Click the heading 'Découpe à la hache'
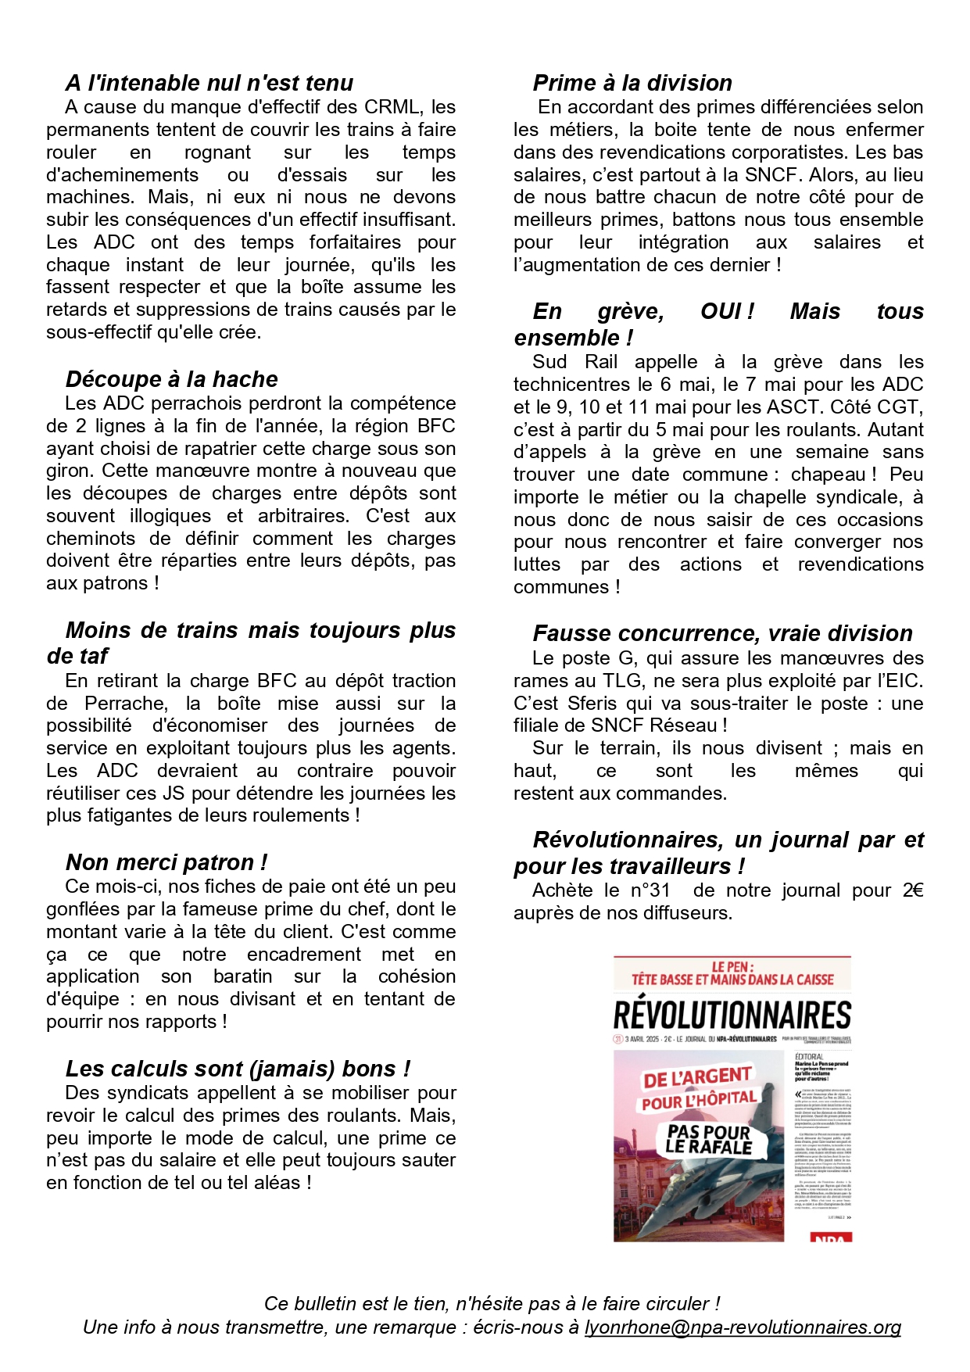[x=171, y=379]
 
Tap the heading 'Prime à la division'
[x=632, y=83]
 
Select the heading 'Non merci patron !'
[x=166, y=862]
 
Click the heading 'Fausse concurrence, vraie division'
[x=722, y=633]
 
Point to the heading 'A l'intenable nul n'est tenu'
[x=209, y=83]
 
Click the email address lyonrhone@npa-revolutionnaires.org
[x=743, y=1327]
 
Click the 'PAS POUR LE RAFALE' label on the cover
[x=709, y=1140]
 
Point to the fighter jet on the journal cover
[x=703, y=1180]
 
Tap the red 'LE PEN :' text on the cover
[x=732, y=966]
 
